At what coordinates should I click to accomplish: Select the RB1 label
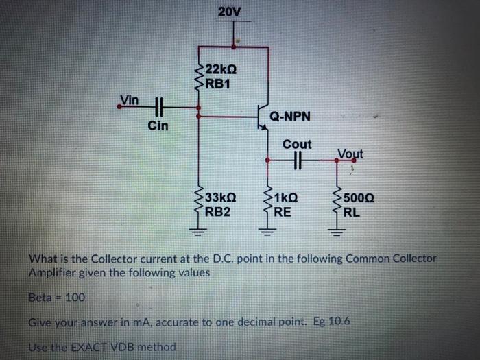click(x=217, y=84)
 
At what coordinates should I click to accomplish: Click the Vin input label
click(x=129, y=100)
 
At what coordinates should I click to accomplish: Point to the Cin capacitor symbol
click(x=159, y=107)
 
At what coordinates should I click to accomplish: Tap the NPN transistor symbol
click(x=261, y=117)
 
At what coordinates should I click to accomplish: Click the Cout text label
click(x=297, y=145)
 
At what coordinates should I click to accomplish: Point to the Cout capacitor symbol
click(x=297, y=161)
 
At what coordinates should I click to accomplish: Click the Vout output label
click(x=350, y=154)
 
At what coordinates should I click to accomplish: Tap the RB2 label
click(x=217, y=211)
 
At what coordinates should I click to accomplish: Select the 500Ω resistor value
click(x=359, y=199)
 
